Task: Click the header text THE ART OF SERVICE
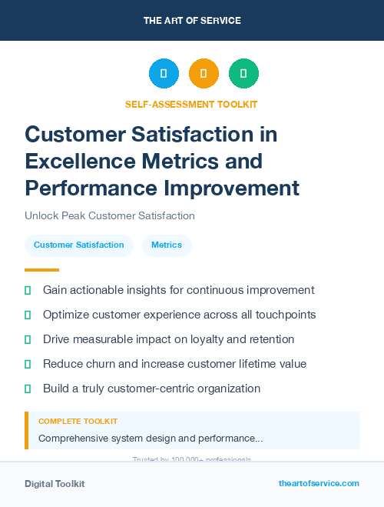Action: (192, 21)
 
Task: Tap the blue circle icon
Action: (164, 73)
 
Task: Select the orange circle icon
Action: (204, 73)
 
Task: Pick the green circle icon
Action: (243, 73)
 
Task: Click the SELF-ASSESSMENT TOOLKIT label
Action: (191, 104)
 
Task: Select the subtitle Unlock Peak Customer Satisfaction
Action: (110, 215)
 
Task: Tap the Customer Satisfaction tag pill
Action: (79, 245)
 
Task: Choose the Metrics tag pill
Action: (167, 245)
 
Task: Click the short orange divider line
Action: (41, 269)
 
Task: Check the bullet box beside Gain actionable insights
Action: (28, 290)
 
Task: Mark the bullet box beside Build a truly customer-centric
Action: (28, 389)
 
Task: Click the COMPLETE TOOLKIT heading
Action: (78, 422)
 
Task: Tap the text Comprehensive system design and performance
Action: (151, 438)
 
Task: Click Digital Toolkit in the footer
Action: (55, 484)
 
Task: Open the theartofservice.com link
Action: (319, 483)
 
